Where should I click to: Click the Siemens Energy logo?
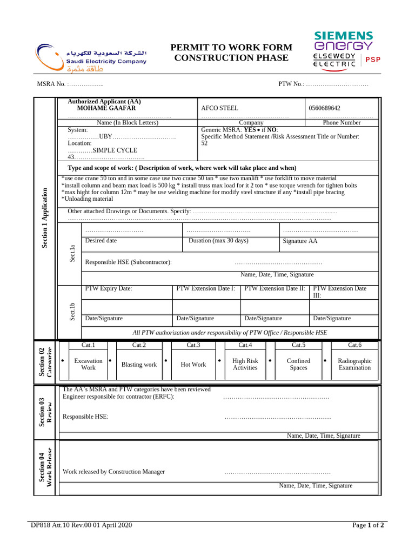(x=343, y=41)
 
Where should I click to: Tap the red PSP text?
(x=373, y=60)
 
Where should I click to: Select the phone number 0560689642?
(x=324, y=108)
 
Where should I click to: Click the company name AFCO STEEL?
(x=219, y=108)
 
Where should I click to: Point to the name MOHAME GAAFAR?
(x=106, y=108)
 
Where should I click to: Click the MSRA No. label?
(x=51, y=84)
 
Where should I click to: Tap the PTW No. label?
(x=292, y=84)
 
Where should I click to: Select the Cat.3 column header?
(x=193, y=345)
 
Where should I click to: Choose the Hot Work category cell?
(x=193, y=365)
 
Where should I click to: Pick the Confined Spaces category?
(x=298, y=364)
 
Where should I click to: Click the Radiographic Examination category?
(x=354, y=364)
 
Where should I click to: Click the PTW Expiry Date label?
(x=109, y=289)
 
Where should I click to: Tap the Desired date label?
(x=101, y=241)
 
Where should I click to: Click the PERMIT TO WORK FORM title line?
(x=231, y=48)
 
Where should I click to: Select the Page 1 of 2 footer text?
(x=368, y=525)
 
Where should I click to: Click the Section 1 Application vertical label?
(x=45, y=218)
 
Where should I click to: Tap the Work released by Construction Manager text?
(x=114, y=472)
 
